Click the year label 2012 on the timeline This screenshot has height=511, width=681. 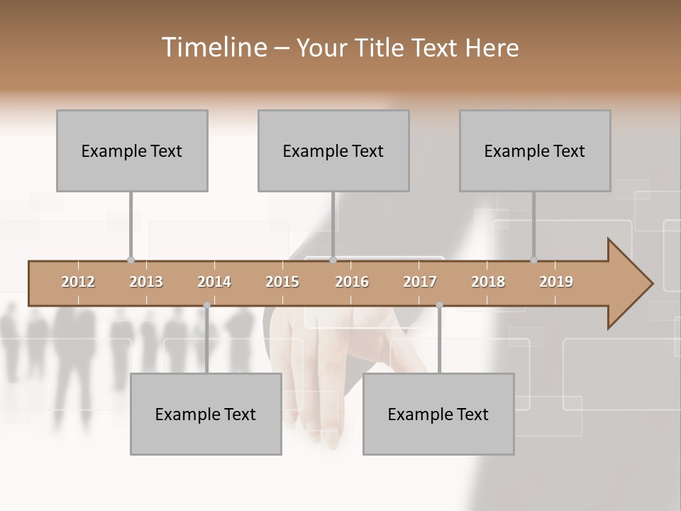click(78, 282)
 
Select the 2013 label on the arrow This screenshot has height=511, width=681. click(146, 282)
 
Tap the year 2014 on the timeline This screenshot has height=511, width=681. click(214, 282)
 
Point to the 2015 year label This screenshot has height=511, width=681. click(282, 282)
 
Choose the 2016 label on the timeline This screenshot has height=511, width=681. click(352, 282)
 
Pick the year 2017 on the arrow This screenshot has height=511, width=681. click(420, 282)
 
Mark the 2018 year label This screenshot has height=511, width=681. click(488, 282)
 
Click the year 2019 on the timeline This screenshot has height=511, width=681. click(556, 282)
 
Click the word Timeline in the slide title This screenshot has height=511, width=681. click(213, 48)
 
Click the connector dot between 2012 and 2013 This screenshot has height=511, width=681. click(131, 260)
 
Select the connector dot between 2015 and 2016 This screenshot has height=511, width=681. click(333, 260)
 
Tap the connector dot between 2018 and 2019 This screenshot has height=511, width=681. click(533, 260)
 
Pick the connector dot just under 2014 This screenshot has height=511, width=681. click(206, 305)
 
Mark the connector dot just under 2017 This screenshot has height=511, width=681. click(439, 305)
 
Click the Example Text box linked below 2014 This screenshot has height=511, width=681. click(206, 414)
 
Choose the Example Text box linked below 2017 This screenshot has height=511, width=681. click(438, 414)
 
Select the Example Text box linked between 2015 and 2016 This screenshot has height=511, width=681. click(333, 150)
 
